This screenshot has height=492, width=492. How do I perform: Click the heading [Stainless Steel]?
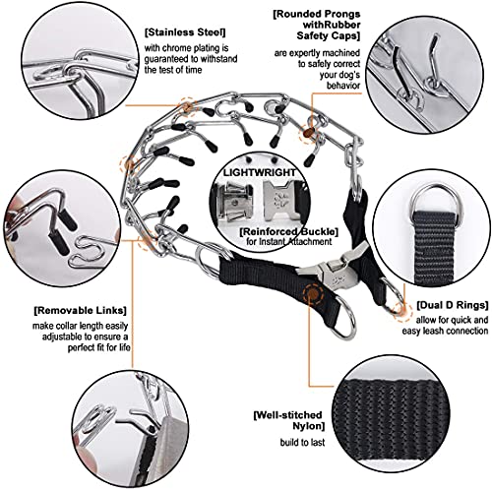click(x=185, y=32)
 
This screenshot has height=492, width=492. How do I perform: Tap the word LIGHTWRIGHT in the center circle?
click(x=260, y=172)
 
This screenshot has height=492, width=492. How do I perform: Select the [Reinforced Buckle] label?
click(x=288, y=231)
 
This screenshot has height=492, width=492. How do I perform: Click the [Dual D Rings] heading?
click(x=453, y=305)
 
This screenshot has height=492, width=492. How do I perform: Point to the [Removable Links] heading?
click(x=80, y=310)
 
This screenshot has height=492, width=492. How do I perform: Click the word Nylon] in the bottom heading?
click(x=308, y=426)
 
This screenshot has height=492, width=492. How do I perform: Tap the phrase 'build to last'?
click(x=302, y=443)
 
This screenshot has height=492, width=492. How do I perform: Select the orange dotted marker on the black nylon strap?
click(x=313, y=293)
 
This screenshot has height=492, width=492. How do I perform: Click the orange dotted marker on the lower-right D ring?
click(x=401, y=310)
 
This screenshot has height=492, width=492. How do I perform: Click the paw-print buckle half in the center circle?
click(x=279, y=200)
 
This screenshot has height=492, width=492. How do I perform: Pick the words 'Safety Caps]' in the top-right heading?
click(x=328, y=35)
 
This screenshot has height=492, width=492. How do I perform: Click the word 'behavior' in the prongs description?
click(x=343, y=86)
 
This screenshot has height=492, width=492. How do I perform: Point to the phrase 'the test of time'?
click(x=173, y=70)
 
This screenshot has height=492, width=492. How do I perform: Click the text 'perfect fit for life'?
click(x=99, y=347)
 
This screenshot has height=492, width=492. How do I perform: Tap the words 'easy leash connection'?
click(x=445, y=331)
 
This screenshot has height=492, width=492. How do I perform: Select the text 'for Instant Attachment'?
click(x=288, y=242)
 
